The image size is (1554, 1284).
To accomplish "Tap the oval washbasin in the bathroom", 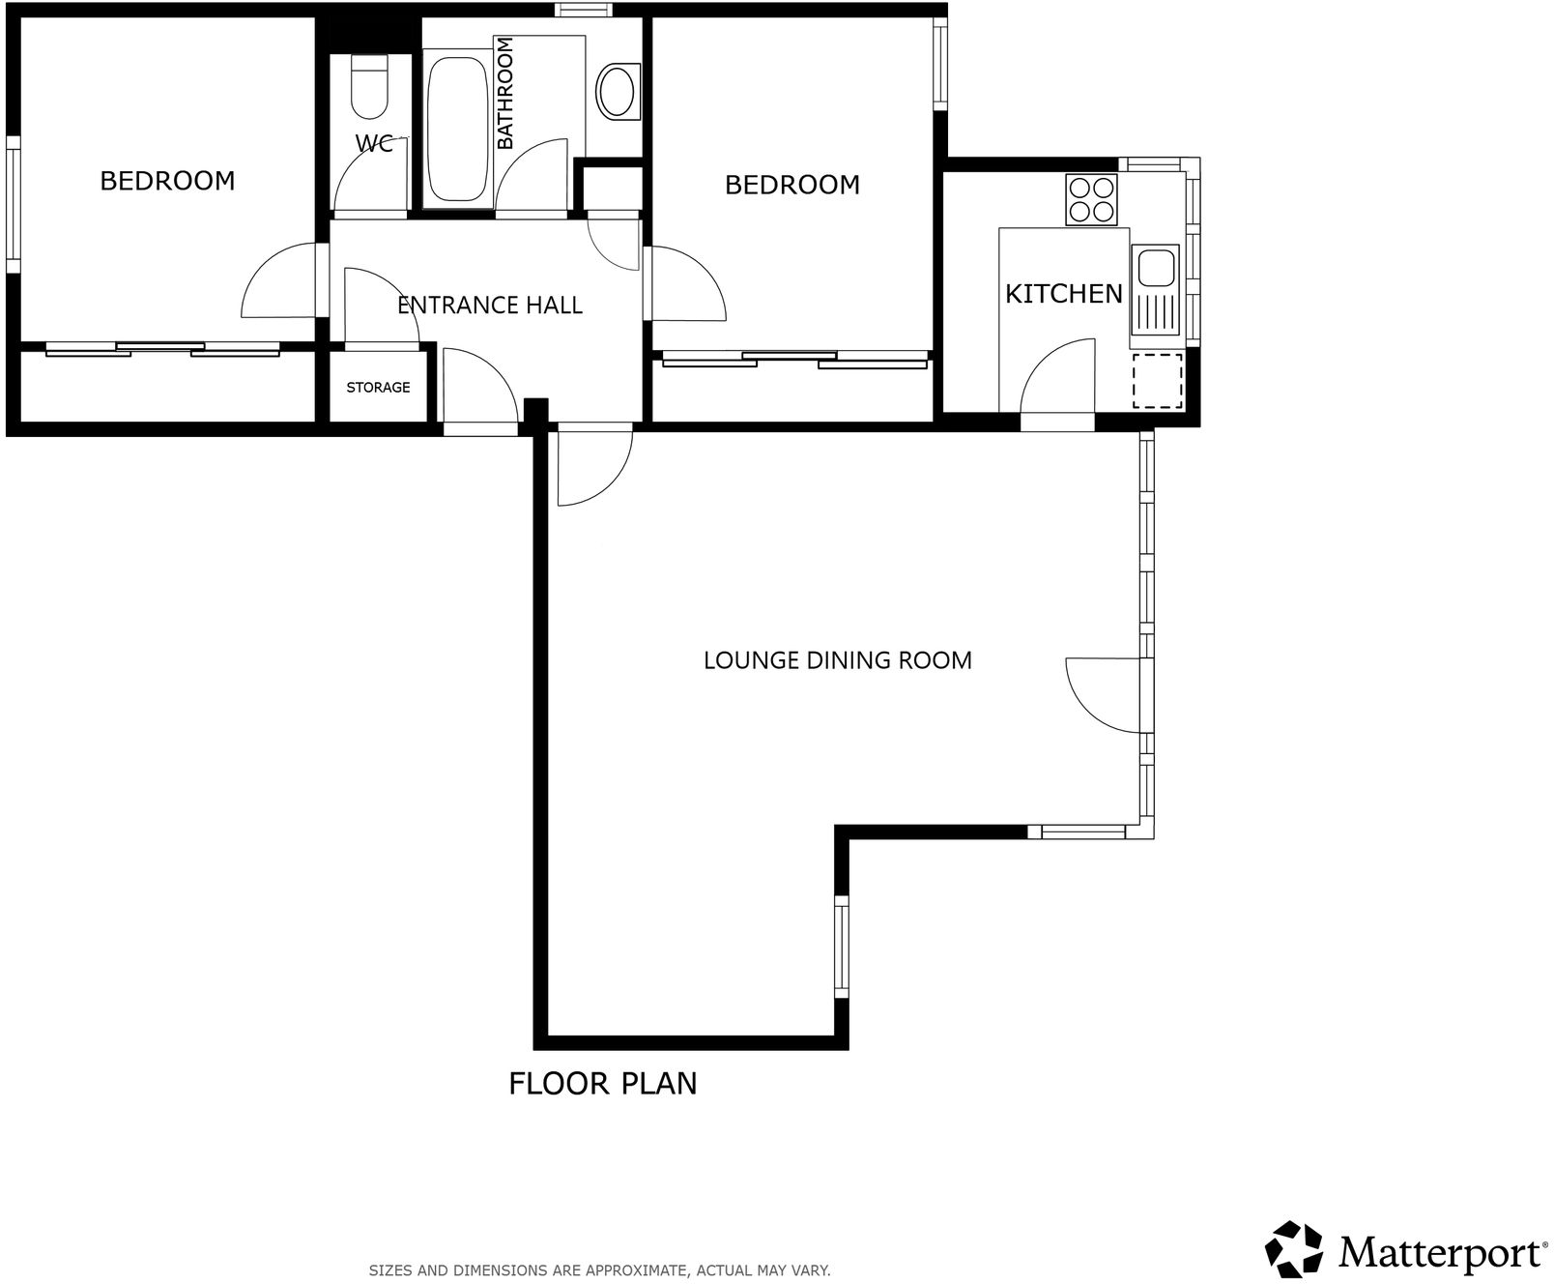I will [x=618, y=92].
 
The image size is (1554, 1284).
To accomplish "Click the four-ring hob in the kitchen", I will [x=1091, y=199].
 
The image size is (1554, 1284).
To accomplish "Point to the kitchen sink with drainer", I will [x=1155, y=289].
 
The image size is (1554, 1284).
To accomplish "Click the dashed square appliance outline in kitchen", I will [x=1157, y=380].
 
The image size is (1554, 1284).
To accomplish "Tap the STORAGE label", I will [x=378, y=388].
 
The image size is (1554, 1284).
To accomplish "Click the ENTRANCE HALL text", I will [x=490, y=306].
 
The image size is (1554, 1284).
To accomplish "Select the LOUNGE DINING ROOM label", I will [x=837, y=660].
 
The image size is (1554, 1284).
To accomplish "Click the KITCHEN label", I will [x=1063, y=294].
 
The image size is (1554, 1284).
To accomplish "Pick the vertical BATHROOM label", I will [x=504, y=94].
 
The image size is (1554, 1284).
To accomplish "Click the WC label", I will [x=375, y=144].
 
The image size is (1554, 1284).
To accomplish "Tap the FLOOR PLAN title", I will [x=602, y=1083].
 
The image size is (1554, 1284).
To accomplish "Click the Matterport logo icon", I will [x=1295, y=1249].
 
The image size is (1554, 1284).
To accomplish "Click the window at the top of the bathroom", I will [x=584, y=11].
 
